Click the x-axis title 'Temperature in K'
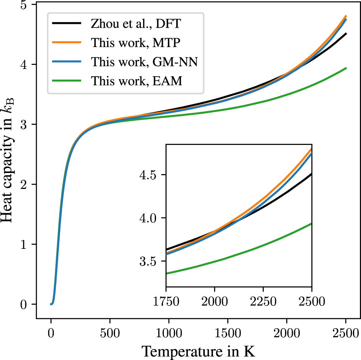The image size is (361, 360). coord(198,350)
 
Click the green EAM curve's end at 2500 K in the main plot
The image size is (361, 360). coord(345,68)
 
